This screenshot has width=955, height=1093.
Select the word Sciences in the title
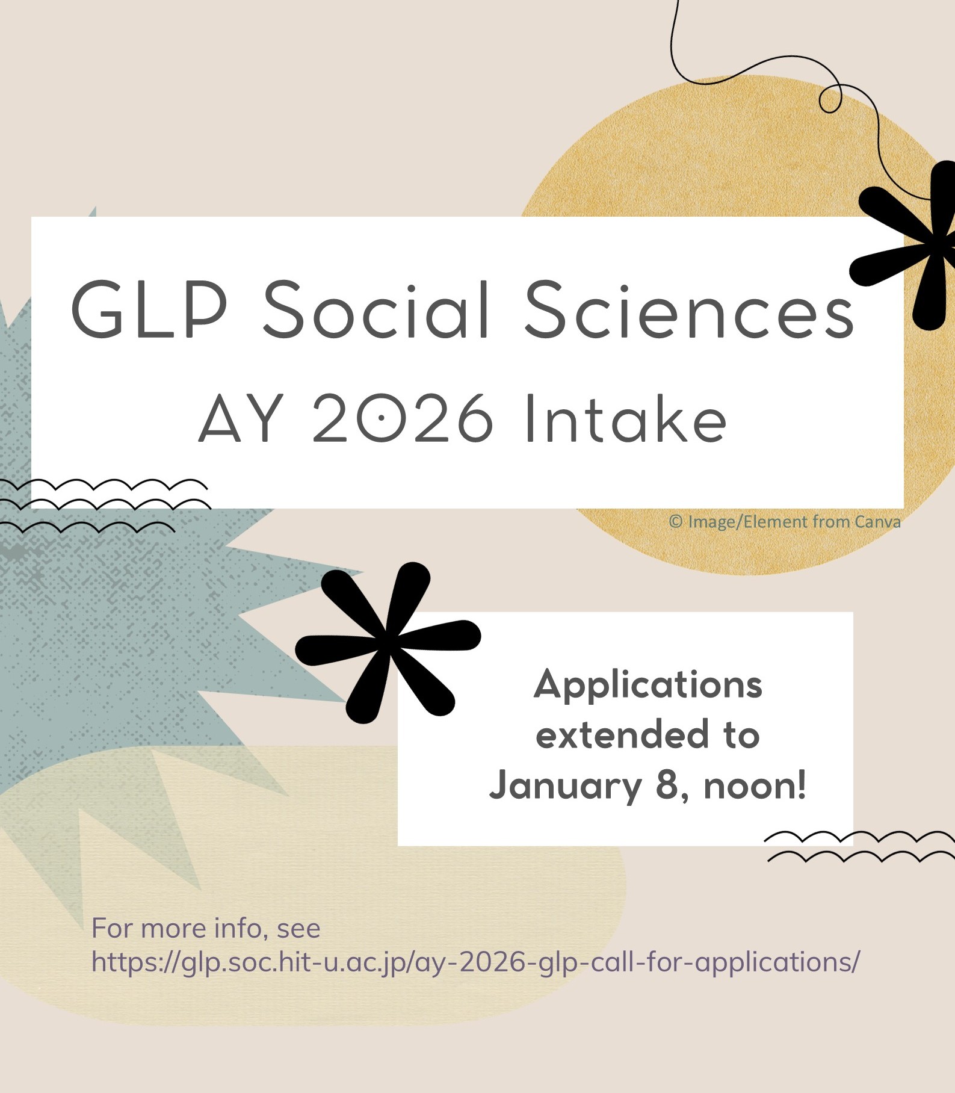click(690, 311)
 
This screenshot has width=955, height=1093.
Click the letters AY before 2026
click(240, 419)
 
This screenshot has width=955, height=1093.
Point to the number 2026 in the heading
click(403, 419)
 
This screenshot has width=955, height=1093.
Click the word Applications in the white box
click(648, 686)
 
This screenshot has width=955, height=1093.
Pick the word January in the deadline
click(565, 787)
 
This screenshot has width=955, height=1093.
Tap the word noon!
click(755, 785)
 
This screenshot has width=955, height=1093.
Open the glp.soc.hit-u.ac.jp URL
click(475, 962)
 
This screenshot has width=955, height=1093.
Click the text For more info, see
click(206, 928)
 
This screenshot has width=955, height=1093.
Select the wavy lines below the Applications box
click(860, 846)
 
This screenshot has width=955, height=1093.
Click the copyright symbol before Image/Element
click(676, 522)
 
